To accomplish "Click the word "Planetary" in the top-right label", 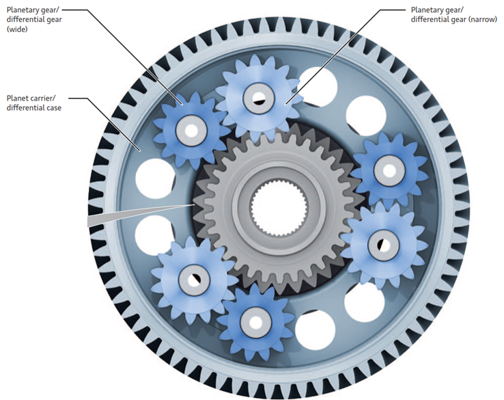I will pos(429,10).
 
